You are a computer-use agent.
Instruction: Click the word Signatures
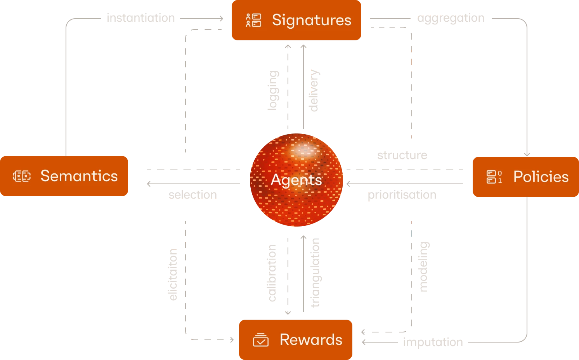point(312,20)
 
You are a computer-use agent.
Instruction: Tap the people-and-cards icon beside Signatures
point(253,20)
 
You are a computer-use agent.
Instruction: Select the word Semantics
point(79,176)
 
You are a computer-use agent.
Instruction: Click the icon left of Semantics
point(22,176)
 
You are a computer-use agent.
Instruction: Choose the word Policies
point(541,177)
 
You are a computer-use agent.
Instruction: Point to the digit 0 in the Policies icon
point(499,173)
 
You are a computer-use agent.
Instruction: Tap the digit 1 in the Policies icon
point(500,180)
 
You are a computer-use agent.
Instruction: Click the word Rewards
point(311,340)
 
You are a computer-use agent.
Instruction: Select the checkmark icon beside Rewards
point(260,340)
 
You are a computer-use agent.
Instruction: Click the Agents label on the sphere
point(296,180)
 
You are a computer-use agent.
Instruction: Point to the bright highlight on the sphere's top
point(305,150)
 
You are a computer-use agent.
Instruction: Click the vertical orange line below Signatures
point(302,89)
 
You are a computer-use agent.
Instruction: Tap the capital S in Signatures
point(277,20)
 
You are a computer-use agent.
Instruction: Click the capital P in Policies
point(518,177)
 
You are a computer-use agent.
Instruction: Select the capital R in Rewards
point(284,340)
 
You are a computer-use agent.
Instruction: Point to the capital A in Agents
point(276,180)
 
